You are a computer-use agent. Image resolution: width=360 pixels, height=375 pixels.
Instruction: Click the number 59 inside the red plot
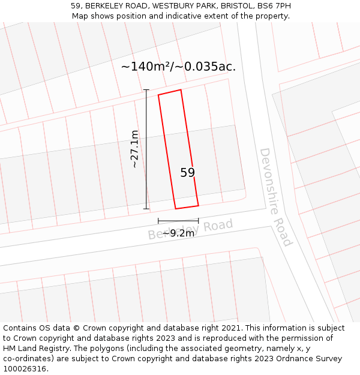coord(188,173)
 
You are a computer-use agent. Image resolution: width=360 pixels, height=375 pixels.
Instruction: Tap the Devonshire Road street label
coord(275,197)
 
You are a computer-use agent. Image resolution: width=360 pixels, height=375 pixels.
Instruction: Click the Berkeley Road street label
coord(190,229)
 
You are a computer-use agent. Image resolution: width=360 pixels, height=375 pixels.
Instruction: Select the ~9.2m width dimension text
coord(178,233)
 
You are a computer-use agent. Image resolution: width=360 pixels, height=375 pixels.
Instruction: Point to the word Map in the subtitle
coord(80,16)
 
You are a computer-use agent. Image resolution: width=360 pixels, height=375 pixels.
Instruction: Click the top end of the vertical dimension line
coord(146,90)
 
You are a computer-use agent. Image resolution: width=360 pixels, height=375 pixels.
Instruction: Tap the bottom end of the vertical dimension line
coord(146,209)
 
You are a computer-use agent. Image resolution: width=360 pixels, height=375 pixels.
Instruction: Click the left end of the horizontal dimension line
coord(158,221)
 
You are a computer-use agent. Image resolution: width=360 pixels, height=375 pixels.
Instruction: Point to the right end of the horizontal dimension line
coord(199,221)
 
